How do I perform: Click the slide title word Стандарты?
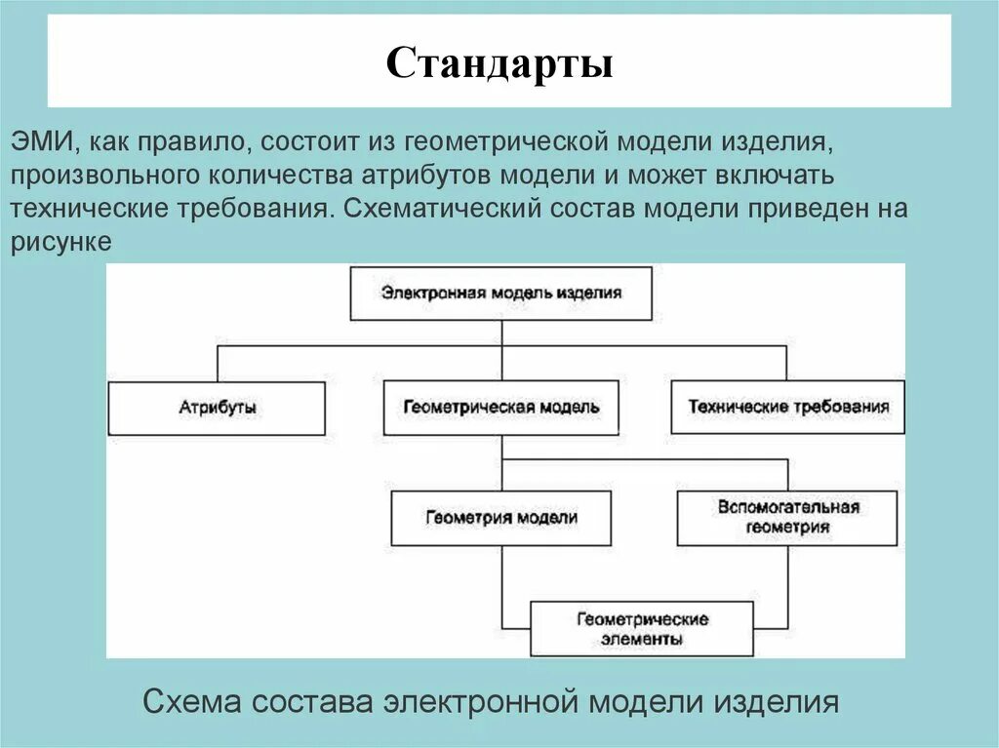tap(499, 64)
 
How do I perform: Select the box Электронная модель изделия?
tap(501, 293)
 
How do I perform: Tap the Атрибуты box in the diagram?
tap(217, 408)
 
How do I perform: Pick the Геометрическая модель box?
tap(501, 408)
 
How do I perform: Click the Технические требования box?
tap(788, 408)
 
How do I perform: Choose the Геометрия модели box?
tap(501, 518)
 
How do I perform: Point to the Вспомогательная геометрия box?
tap(787, 517)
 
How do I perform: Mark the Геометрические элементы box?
tap(642, 629)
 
